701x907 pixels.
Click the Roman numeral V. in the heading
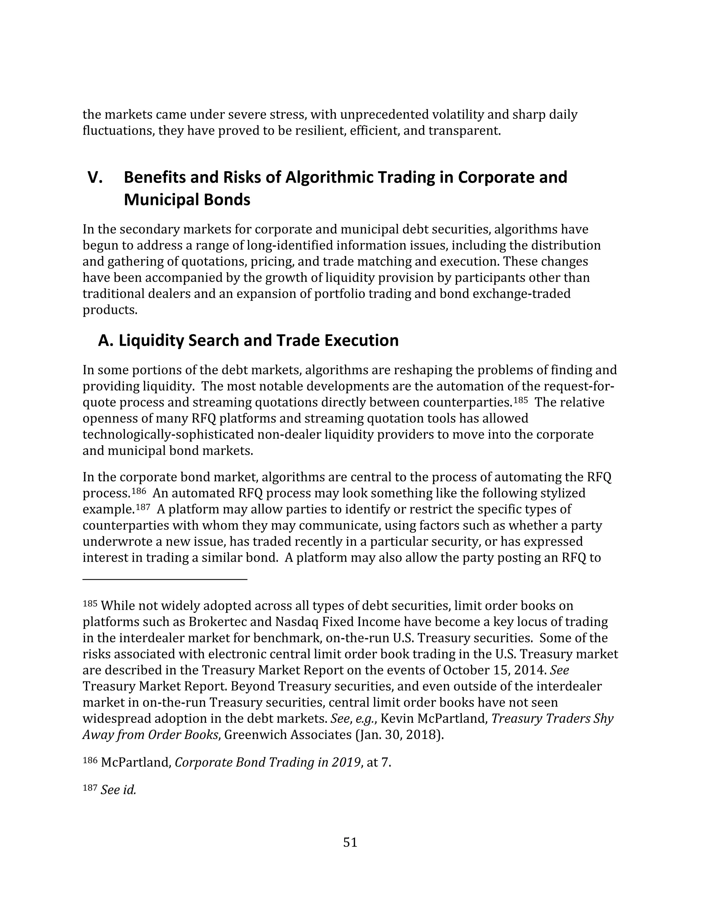point(95,178)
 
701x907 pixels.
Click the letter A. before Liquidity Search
point(105,341)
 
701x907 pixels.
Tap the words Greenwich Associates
point(288,735)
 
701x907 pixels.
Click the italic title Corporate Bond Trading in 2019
point(267,763)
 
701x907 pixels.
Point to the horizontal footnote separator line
point(165,579)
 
